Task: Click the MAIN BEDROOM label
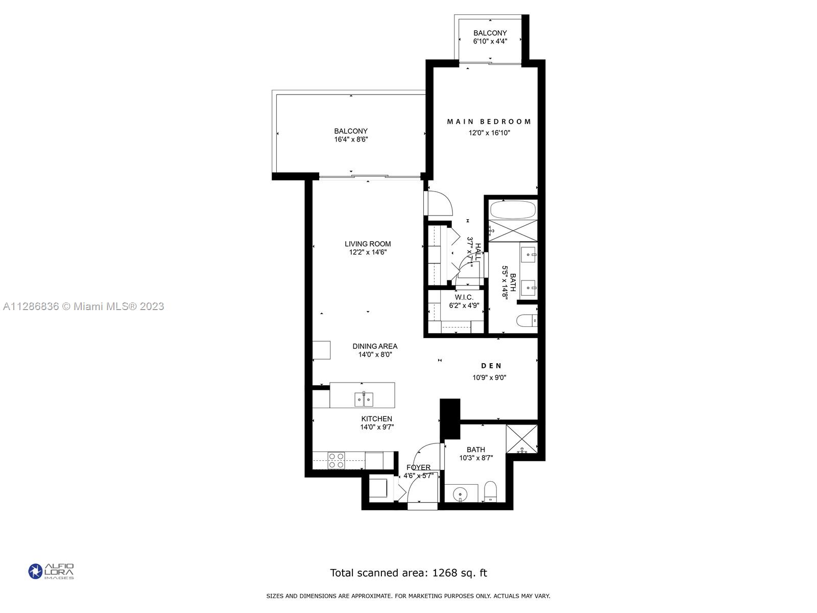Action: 489,122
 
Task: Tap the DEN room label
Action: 491,366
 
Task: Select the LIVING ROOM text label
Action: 368,244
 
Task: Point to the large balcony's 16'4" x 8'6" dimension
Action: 351,139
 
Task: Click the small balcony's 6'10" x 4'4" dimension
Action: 490,41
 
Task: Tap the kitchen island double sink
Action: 364,399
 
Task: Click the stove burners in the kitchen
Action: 335,460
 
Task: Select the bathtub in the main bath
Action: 513,209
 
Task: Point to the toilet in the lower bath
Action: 491,491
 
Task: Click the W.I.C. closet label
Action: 464,297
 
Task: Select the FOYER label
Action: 418,467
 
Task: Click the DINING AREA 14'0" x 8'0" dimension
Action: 375,355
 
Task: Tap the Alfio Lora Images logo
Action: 51,571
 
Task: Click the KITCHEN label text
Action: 377,419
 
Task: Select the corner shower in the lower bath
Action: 521,438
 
